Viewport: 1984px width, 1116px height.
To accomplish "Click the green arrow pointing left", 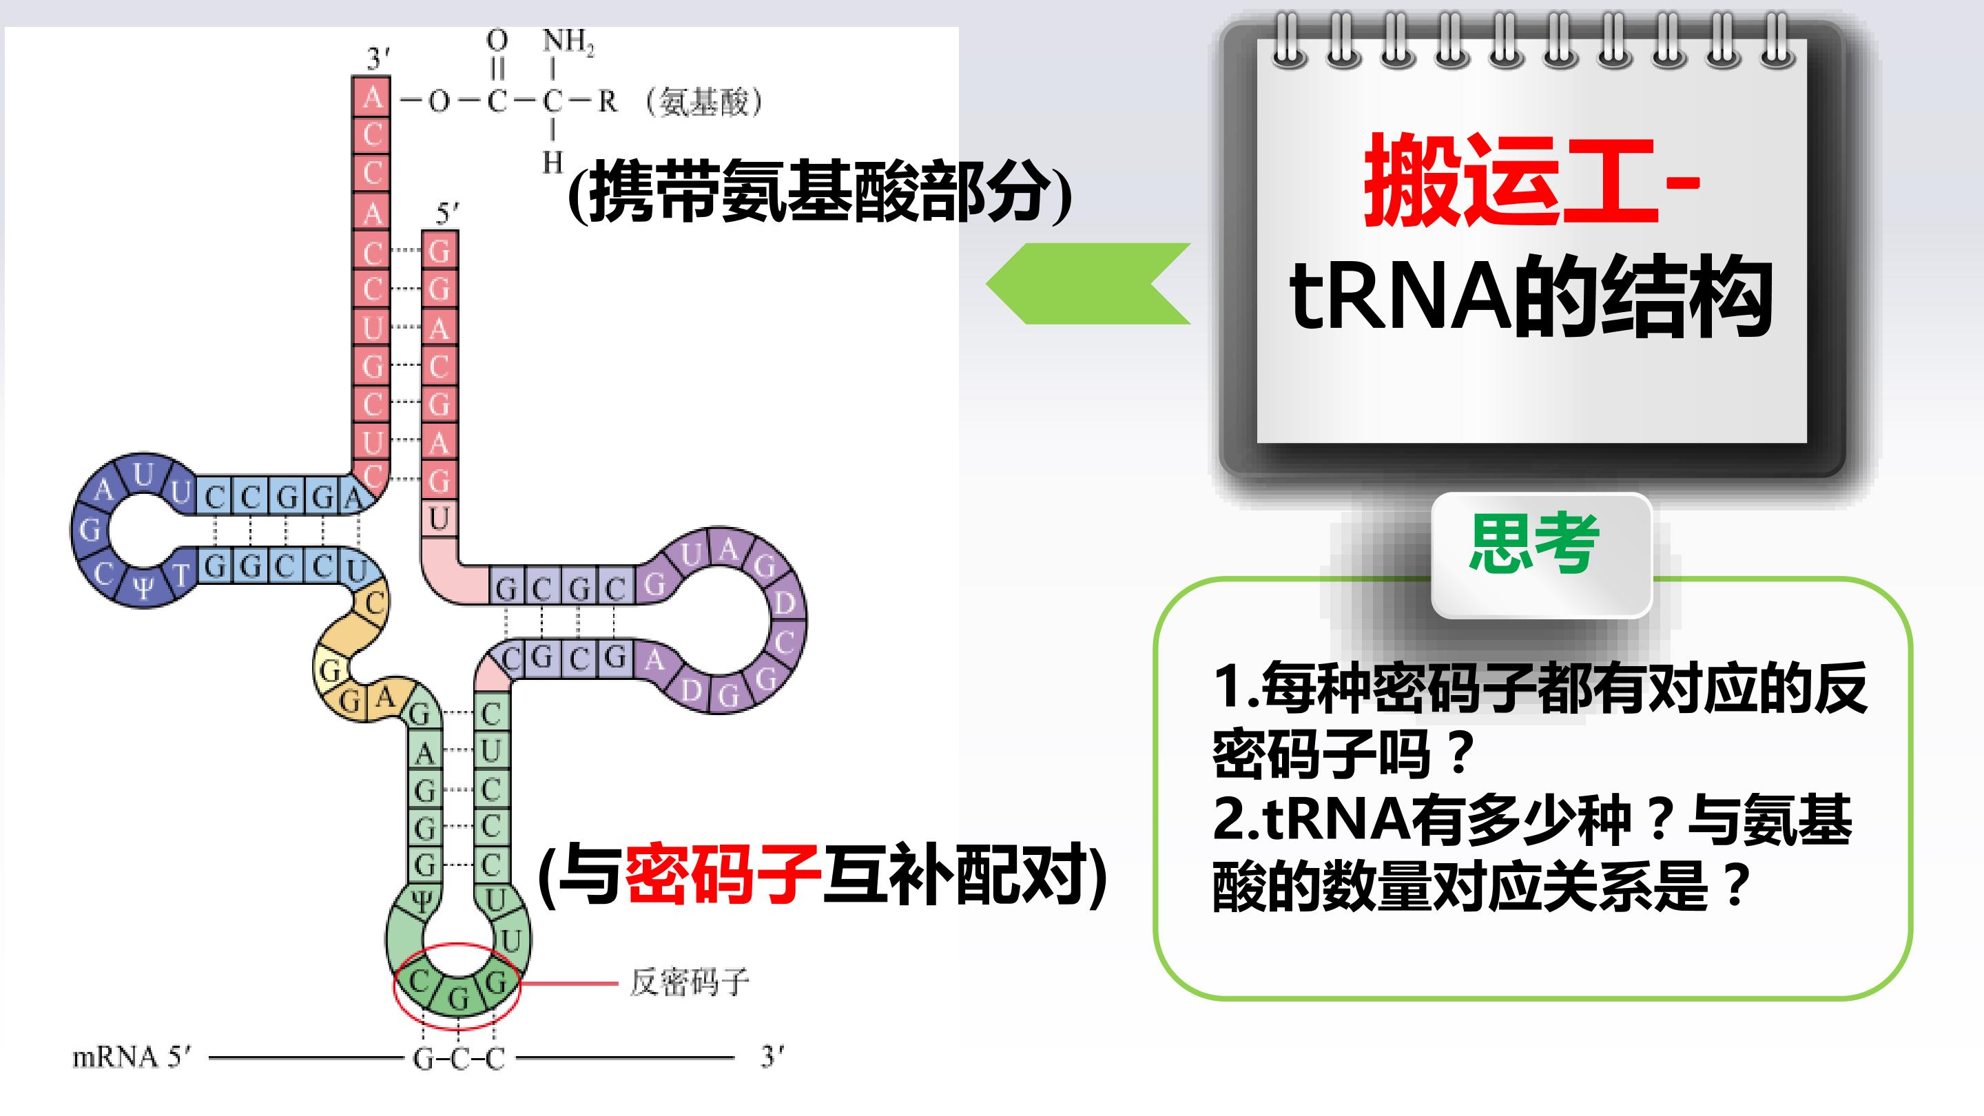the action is pyautogui.click(x=1088, y=283).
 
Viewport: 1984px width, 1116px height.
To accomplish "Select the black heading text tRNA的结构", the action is pyautogui.click(x=1531, y=296).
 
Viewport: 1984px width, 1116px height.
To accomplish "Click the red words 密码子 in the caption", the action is pyautogui.click(x=722, y=874).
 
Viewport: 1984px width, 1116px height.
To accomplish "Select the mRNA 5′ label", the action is pyautogui.click(x=131, y=1057).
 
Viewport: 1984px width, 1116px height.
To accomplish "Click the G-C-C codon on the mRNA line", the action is pyautogui.click(x=459, y=1059).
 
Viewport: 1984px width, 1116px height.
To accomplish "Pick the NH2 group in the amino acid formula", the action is pyautogui.click(x=568, y=41).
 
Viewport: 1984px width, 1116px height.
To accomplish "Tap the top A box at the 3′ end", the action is pyautogui.click(x=371, y=96).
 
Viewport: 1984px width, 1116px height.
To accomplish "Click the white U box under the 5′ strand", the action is pyautogui.click(x=439, y=518).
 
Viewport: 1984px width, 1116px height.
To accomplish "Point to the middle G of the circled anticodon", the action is pyautogui.click(x=458, y=998).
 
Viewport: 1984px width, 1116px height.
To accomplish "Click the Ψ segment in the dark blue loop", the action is pyautogui.click(x=143, y=588).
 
